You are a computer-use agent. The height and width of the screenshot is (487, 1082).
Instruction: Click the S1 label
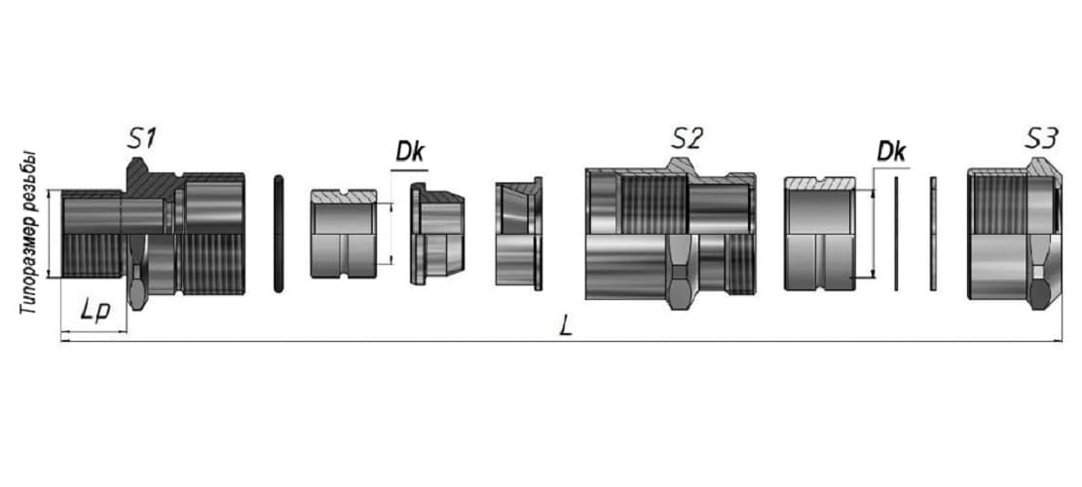coord(141,138)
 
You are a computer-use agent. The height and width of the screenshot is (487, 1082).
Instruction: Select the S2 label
coord(687,138)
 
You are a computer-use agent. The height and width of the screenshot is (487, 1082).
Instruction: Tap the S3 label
coord(1040,138)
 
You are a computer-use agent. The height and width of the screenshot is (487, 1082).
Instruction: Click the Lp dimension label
coord(94,311)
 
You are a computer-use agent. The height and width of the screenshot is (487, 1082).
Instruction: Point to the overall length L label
coord(566,327)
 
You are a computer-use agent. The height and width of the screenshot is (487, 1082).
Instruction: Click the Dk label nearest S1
coord(410,153)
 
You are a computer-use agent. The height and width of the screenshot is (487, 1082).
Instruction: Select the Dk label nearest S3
coord(891,153)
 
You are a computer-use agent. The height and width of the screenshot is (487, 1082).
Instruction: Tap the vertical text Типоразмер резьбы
coord(27,234)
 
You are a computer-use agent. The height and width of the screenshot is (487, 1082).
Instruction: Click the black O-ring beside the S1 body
coord(279,234)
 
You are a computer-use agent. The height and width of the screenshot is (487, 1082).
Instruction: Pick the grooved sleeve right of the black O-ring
coord(344,234)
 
